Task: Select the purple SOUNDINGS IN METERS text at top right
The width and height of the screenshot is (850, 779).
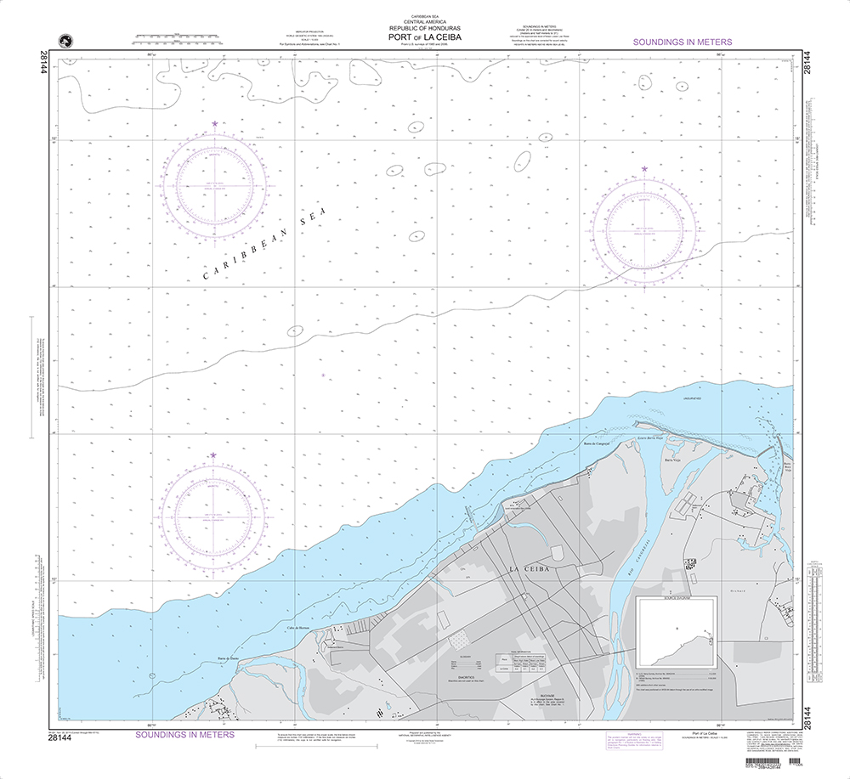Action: pos(683,42)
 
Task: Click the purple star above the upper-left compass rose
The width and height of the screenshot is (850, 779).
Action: pos(214,124)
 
